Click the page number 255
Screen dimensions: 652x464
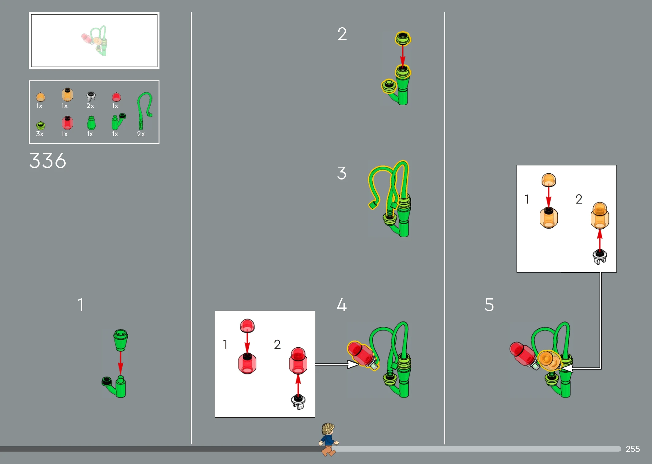(633, 449)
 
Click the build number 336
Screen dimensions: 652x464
(48, 160)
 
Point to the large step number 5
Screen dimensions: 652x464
(489, 305)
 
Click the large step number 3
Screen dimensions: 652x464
(342, 173)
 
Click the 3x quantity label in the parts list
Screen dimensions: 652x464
(40, 134)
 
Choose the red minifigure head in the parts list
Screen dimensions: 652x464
(67, 123)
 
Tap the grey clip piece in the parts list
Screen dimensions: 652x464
(91, 96)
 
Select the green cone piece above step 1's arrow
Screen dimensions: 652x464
(121, 340)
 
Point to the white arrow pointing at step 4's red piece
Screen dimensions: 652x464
(337, 364)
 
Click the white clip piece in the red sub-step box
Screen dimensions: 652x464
(298, 402)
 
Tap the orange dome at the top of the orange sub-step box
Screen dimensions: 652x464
(549, 180)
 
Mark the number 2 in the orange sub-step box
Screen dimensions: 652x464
(579, 199)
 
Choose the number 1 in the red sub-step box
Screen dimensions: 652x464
(225, 344)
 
